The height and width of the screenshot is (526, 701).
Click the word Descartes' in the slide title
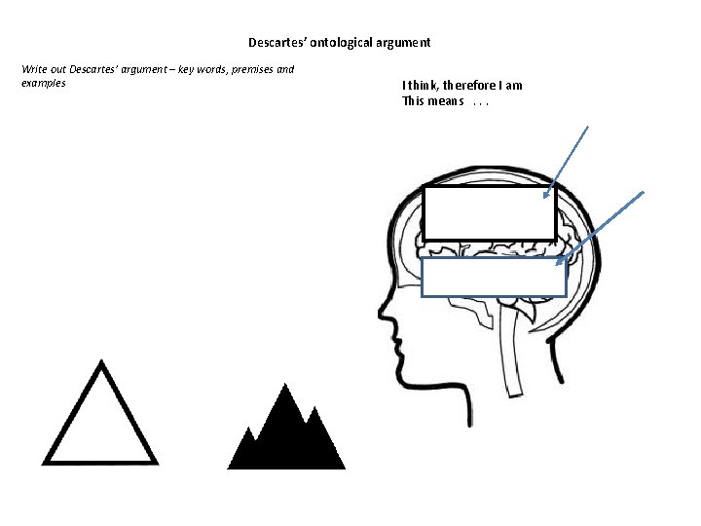pyautogui.click(x=277, y=43)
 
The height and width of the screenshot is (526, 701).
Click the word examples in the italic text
pyautogui.click(x=43, y=83)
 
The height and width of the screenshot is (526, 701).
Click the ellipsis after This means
pyautogui.click(x=478, y=101)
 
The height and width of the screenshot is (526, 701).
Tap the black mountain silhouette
pyautogui.click(x=286, y=438)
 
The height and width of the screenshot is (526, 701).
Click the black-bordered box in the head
pyautogui.click(x=489, y=213)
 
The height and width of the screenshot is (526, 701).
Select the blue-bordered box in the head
pyautogui.click(x=494, y=277)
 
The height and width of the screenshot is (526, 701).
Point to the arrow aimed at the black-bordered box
pyautogui.click(x=570, y=161)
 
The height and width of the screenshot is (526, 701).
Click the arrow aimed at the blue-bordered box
pyautogui.click(x=606, y=227)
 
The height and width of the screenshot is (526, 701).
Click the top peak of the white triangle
pyautogui.click(x=100, y=363)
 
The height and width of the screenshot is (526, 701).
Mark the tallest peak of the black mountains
pyautogui.click(x=285, y=387)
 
